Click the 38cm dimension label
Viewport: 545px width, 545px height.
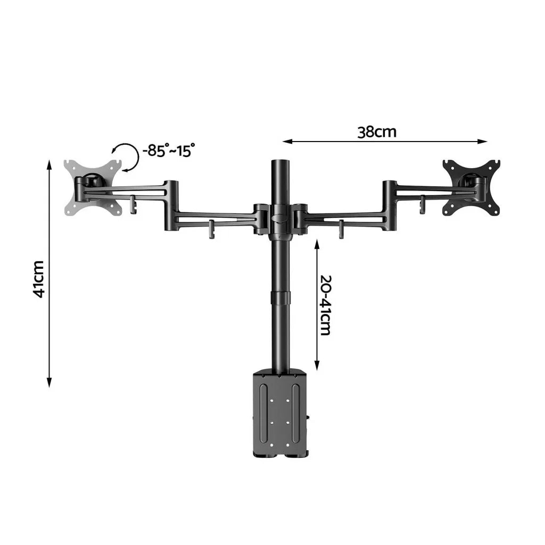(377, 132)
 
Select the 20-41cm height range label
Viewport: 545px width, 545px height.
(326, 304)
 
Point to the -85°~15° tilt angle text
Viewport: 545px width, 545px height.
(168, 151)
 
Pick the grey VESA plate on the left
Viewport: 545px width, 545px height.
(92, 187)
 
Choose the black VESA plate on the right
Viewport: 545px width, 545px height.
(472, 186)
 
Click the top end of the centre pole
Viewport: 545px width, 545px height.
(279, 162)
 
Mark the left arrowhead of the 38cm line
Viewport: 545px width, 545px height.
(285, 141)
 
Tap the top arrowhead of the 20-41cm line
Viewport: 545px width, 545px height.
(317, 242)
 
